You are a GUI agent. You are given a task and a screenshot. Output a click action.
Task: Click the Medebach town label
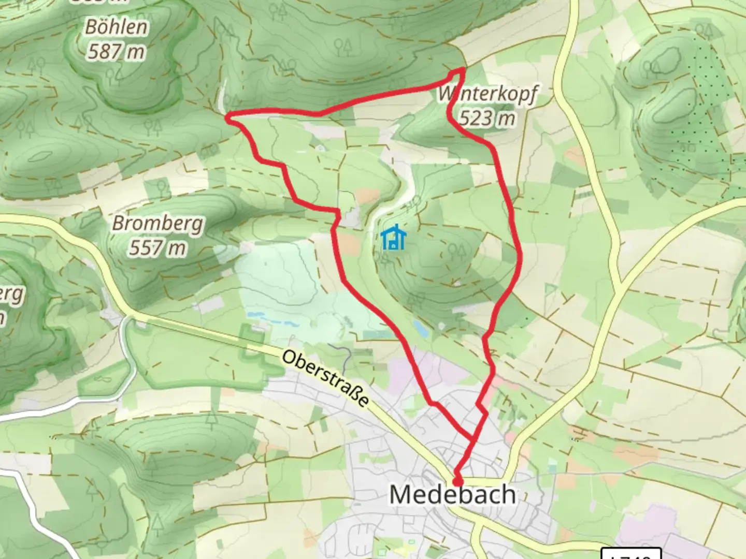[x=452, y=495]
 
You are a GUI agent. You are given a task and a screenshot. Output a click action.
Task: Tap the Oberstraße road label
[x=326, y=379]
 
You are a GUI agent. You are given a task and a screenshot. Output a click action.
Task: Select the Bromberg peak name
[x=157, y=224]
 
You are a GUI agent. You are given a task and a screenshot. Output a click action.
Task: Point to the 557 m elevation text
[x=157, y=248]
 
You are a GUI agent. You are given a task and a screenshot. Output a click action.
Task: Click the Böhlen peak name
[x=116, y=27]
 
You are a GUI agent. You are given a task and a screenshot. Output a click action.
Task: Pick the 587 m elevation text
[x=116, y=52]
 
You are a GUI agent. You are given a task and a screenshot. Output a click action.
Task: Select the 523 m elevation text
[x=487, y=119]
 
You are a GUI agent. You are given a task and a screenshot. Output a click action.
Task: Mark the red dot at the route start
[x=457, y=482]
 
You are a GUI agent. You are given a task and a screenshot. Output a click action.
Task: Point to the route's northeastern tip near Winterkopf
[x=463, y=70]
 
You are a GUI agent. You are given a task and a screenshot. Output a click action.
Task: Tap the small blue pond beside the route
[x=420, y=327]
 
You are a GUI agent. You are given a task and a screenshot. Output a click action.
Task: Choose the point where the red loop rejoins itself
[x=473, y=439]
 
